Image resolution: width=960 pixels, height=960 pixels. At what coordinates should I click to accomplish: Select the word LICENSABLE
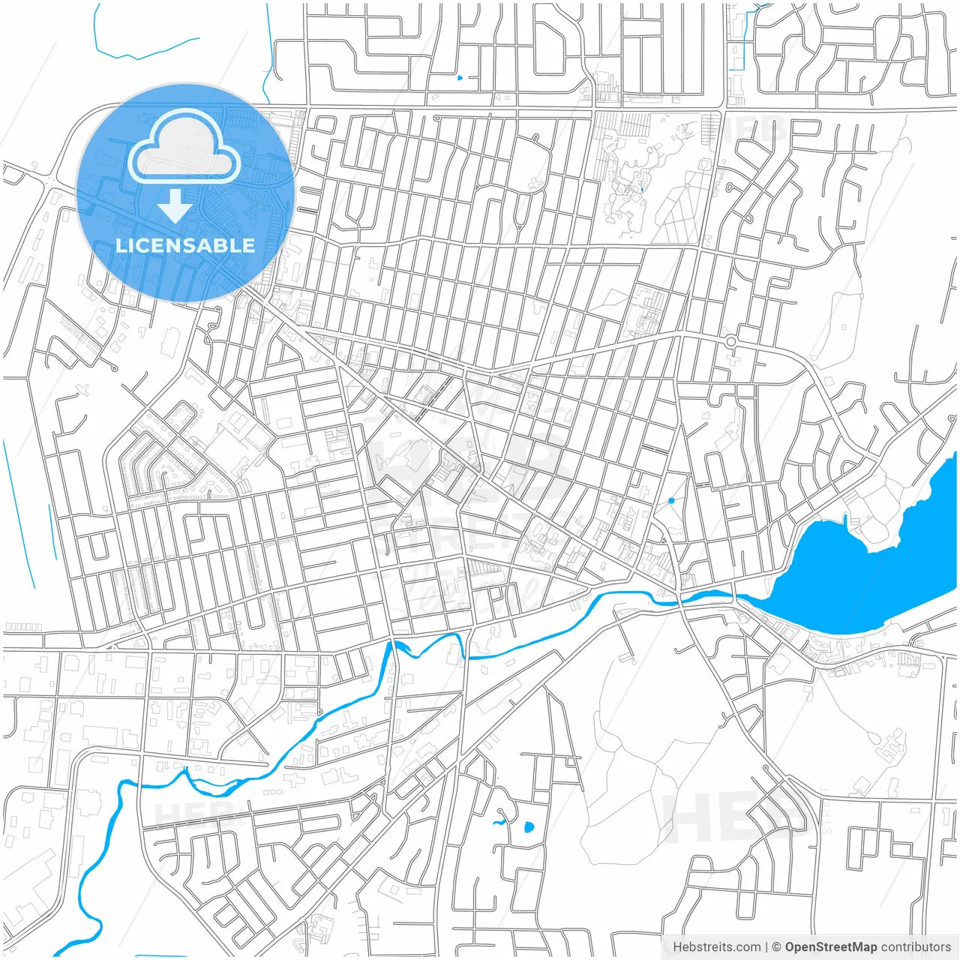click(x=184, y=245)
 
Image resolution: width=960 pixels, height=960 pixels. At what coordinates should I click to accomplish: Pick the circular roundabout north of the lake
click(x=730, y=342)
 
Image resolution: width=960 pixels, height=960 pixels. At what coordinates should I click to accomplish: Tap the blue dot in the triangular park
click(x=671, y=500)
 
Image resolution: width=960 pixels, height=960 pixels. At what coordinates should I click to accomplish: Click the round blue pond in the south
click(x=528, y=828)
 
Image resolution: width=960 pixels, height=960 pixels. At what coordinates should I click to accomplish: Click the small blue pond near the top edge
click(x=460, y=76)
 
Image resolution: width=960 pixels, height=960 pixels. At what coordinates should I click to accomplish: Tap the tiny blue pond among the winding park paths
click(x=642, y=190)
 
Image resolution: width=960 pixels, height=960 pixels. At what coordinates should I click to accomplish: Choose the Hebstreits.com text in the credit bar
click(x=716, y=947)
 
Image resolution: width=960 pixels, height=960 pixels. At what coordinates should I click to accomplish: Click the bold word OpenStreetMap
click(x=831, y=947)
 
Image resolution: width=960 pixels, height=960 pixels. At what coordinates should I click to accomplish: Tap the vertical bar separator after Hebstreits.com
click(x=766, y=947)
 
